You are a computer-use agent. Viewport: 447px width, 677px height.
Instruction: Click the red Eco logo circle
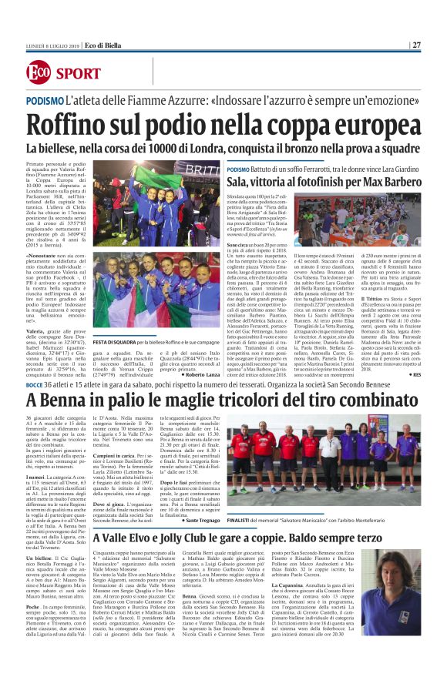tap(39, 72)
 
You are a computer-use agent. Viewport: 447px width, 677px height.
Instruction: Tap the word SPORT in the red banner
tap(80, 73)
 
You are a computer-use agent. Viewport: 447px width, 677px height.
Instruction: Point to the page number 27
tap(416, 45)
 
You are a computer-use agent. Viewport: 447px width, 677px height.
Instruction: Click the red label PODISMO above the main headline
tap(45, 100)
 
